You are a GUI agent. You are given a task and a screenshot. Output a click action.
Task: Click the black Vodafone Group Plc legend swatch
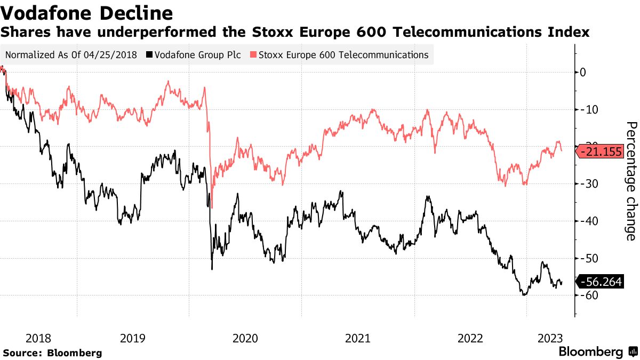(149, 55)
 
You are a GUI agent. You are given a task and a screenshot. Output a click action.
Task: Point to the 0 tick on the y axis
(583, 72)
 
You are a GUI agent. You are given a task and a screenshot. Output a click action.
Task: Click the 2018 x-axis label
(38, 338)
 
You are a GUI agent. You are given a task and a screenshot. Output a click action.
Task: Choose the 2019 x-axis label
(133, 338)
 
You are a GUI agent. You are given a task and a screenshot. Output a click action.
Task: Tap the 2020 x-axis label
(245, 338)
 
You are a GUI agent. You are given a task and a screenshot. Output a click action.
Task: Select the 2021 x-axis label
(358, 338)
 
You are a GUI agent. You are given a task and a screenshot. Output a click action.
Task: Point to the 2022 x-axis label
(470, 338)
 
